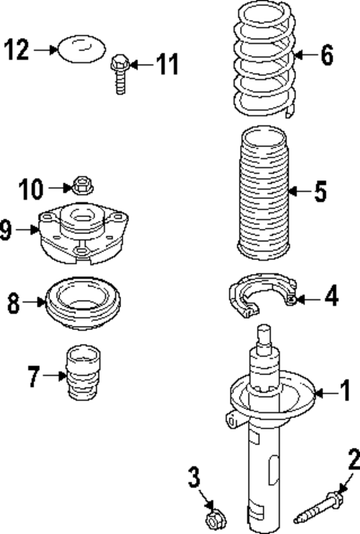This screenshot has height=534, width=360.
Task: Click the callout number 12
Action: (x=19, y=51)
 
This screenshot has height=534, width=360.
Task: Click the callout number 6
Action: (x=327, y=55)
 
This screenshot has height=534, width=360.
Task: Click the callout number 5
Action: (x=320, y=192)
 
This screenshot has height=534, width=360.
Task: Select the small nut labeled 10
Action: (x=83, y=183)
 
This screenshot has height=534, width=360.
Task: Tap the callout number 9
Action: (x=7, y=230)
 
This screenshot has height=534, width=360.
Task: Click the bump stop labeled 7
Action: (x=82, y=374)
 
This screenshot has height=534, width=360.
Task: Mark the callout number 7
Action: (x=34, y=377)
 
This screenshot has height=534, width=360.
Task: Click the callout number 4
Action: (x=331, y=298)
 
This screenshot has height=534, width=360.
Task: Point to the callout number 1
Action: (x=344, y=389)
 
